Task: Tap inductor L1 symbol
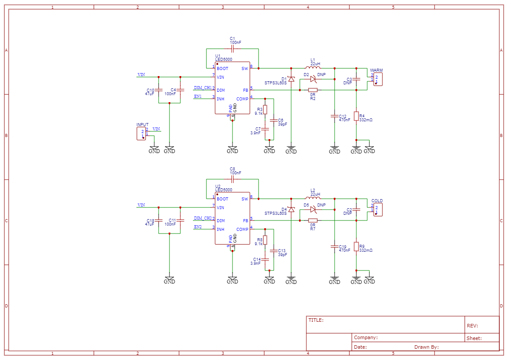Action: pos(313,67)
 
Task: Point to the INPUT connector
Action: pos(141,133)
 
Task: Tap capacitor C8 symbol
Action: pos(232,179)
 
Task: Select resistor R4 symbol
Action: pos(356,116)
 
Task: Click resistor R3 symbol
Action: pos(265,110)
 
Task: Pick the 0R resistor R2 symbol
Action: pos(313,90)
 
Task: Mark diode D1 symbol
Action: pos(291,79)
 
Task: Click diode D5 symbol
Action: pos(313,210)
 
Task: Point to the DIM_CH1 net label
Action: pos(203,87)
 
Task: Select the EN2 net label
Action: pos(198,227)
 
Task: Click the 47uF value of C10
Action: pos(149,94)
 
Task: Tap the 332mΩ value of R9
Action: pos(366,250)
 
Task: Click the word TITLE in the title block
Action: pos(315,320)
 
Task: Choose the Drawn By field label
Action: pos(426,347)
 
